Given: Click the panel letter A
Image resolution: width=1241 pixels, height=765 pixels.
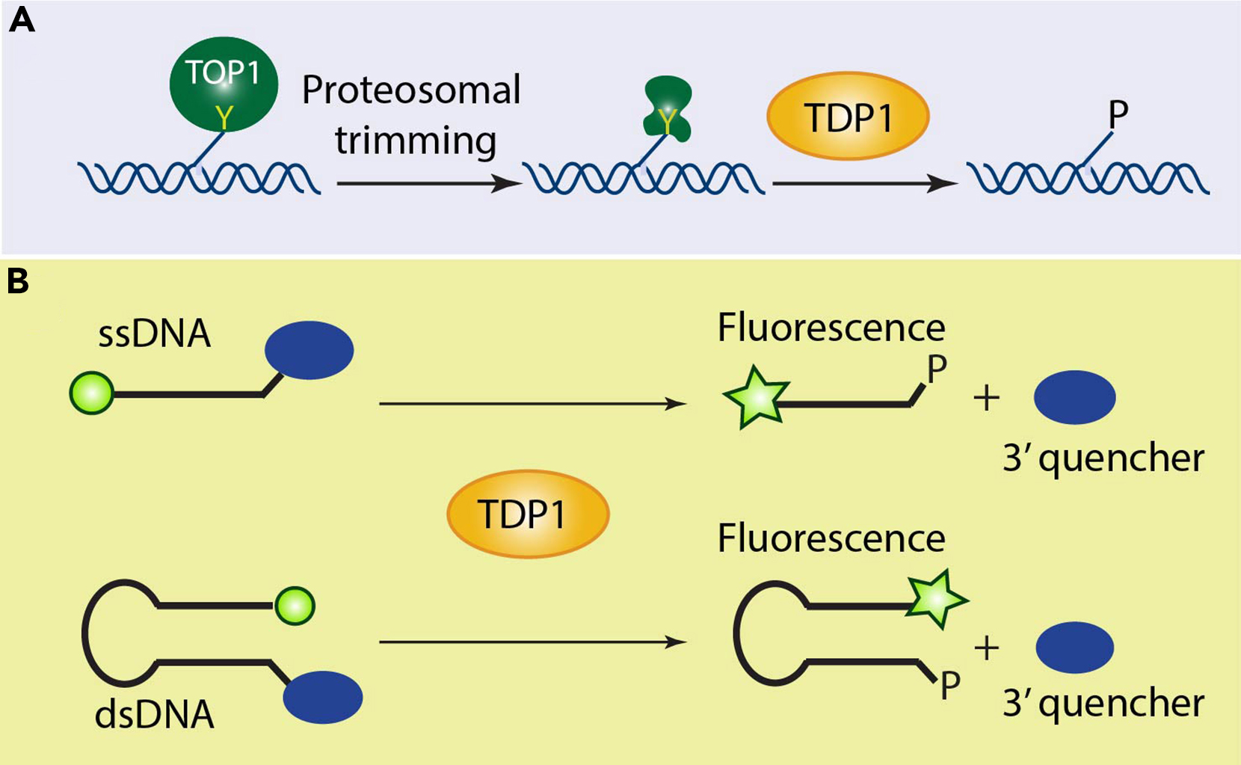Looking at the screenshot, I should pyautogui.click(x=22, y=20).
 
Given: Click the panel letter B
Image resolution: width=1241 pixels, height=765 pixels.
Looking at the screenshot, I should pyautogui.click(x=18, y=281).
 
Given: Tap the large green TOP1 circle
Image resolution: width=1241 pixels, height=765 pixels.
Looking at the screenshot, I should pyautogui.click(x=224, y=85).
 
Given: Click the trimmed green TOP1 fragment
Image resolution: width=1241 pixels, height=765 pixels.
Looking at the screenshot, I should pyautogui.click(x=668, y=110).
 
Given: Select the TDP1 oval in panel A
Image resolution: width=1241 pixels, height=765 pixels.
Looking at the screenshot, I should pyautogui.click(x=848, y=117).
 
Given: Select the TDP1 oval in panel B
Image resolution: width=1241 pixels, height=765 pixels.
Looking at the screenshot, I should pyautogui.click(x=528, y=514).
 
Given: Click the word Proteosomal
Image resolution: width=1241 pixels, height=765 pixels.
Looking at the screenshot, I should pyautogui.click(x=411, y=90).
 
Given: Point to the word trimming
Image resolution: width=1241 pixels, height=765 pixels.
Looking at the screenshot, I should pyautogui.click(x=415, y=141).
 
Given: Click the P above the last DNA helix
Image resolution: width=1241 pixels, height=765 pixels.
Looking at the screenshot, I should pyautogui.click(x=1118, y=114).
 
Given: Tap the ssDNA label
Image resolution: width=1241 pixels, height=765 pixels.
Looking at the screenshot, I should pyautogui.click(x=154, y=334).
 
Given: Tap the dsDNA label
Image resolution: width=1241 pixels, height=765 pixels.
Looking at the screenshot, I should pyautogui.click(x=154, y=715).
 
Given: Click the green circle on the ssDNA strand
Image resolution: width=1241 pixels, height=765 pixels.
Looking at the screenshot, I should pyautogui.click(x=91, y=393).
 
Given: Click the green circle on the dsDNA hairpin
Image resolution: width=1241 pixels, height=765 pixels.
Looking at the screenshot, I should pyautogui.click(x=295, y=606).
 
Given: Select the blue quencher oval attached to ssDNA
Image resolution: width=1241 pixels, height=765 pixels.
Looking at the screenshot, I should pyautogui.click(x=309, y=350).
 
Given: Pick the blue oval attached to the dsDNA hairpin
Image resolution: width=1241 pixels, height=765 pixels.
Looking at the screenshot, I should pyautogui.click(x=322, y=697).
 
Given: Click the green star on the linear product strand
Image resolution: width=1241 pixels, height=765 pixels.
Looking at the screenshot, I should pyautogui.click(x=757, y=398).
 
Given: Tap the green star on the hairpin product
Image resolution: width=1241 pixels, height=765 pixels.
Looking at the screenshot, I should pyautogui.click(x=934, y=599).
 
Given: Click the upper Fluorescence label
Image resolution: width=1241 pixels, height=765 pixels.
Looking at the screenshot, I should pyautogui.click(x=831, y=328).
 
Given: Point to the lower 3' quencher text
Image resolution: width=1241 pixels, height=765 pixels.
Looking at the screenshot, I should pyautogui.click(x=1103, y=704).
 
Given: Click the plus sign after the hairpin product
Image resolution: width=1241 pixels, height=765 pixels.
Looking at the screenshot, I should pyautogui.click(x=986, y=648).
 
